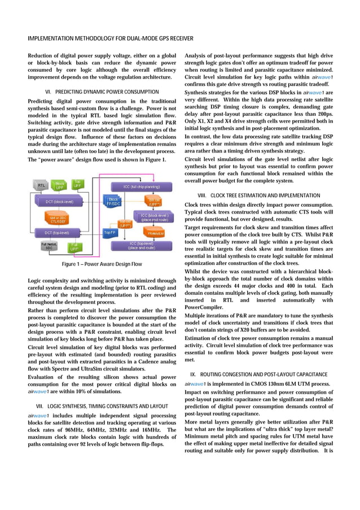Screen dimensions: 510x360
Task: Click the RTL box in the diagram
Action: tap(41, 185)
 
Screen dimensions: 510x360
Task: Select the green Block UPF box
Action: tap(59, 185)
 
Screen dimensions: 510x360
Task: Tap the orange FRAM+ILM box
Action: tap(156, 233)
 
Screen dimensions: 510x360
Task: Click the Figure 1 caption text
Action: tap(101, 264)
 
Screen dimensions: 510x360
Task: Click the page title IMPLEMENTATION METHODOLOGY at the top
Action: tap(111, 38)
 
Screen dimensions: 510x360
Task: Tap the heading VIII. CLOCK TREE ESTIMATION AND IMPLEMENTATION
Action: tap(259, 195)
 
